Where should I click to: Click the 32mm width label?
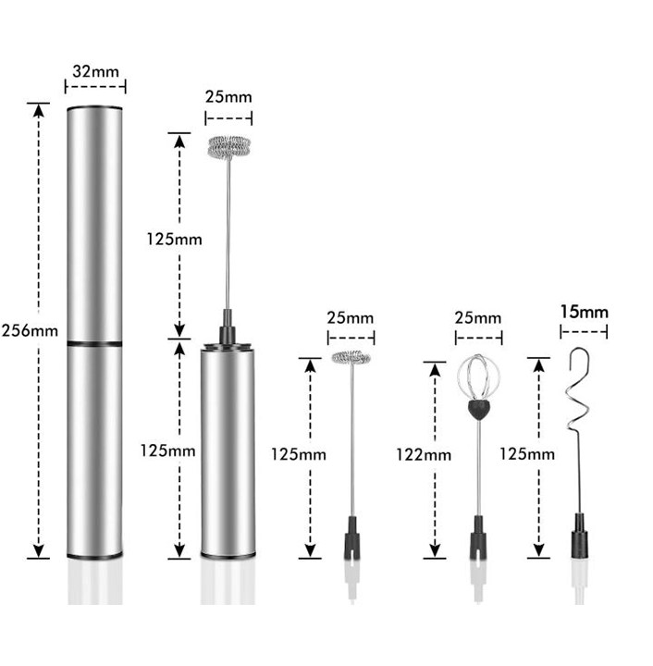[x=94, y=71]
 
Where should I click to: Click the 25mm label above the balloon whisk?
[x=478, y=318]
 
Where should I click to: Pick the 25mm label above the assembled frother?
[x=228, y=97]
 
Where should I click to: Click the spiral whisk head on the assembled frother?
[x=228, y=147]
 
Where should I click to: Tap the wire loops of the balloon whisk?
[x=478, y=377]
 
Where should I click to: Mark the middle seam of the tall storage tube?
[x=94, y=343]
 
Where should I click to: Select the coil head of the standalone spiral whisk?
[x=351, y=357]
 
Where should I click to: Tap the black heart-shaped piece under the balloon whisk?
[x=479, y=407]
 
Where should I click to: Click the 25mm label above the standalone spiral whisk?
[x=351, y=316]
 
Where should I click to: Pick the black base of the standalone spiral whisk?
[x=352, y=539]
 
